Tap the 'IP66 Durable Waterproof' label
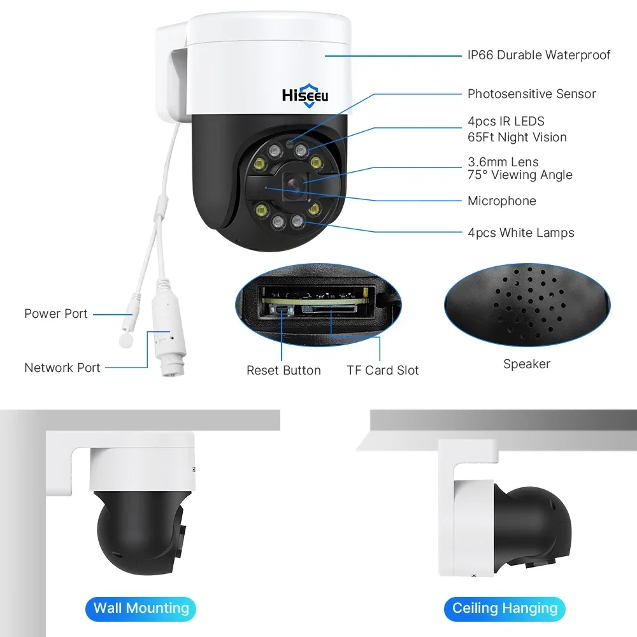[x=539, y=55]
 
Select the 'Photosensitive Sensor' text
[x=532, y=94]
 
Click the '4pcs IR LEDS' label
[x=506, y=121]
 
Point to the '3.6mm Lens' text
[x=503, y=162]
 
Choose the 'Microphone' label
[x=502, y=201]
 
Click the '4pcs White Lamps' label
[x=521, y=233]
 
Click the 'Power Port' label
[x=56, y=314]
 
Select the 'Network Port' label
[x=62, y=368]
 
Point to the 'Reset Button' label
[x=283, y=371]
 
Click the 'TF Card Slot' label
[x=383, y=371]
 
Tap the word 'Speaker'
[x=527, y=364]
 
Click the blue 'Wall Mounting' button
[x=141, y=608]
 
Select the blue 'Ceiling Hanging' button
[x=505, y=608]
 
